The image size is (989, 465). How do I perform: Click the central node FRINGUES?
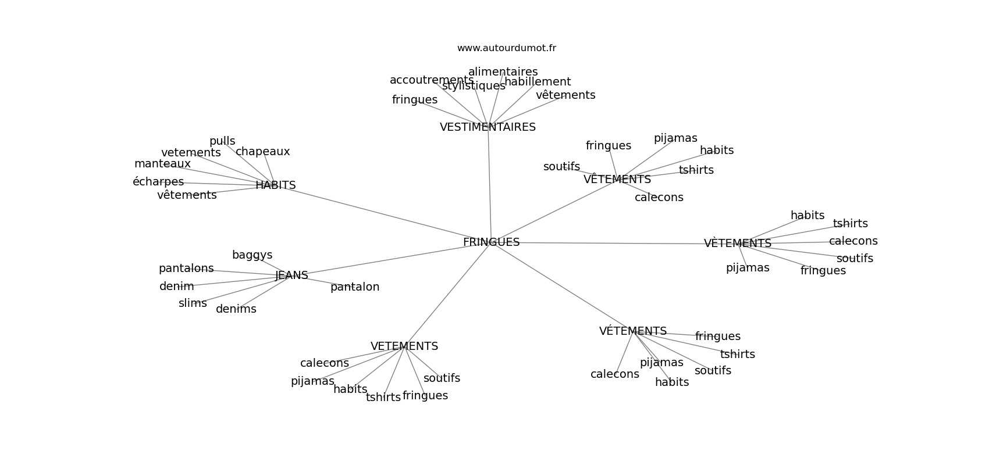[x=491, y=242]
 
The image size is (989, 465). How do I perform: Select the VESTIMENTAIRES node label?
[x=488, y=127]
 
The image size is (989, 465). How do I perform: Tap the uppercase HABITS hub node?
[x=275, y=185]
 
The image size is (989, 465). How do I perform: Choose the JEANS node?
[x=291, y=276]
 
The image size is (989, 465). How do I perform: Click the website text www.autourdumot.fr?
[x=506, y=48]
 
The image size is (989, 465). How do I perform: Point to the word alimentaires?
[x=503, y=72]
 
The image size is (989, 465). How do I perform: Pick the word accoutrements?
[x=431, y=80]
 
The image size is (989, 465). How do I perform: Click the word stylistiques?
[x=474, y=86]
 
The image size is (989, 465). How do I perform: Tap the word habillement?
[x=537, y=82]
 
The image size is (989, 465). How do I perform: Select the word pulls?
[x=222, y=141]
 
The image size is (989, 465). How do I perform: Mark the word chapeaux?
[x=262, y=152]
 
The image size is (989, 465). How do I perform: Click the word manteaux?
[x=162, y=164]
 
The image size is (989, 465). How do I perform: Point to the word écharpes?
[x=158, y=182]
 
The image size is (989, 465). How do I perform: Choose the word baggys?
[x=252, y=255]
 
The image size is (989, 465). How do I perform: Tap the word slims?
[x=193, y=303]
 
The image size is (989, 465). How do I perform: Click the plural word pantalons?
[x=186, y=269]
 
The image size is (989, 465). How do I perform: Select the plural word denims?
[x=236, y=309]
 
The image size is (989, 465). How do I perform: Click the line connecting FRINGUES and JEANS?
[x=390, y=259]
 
